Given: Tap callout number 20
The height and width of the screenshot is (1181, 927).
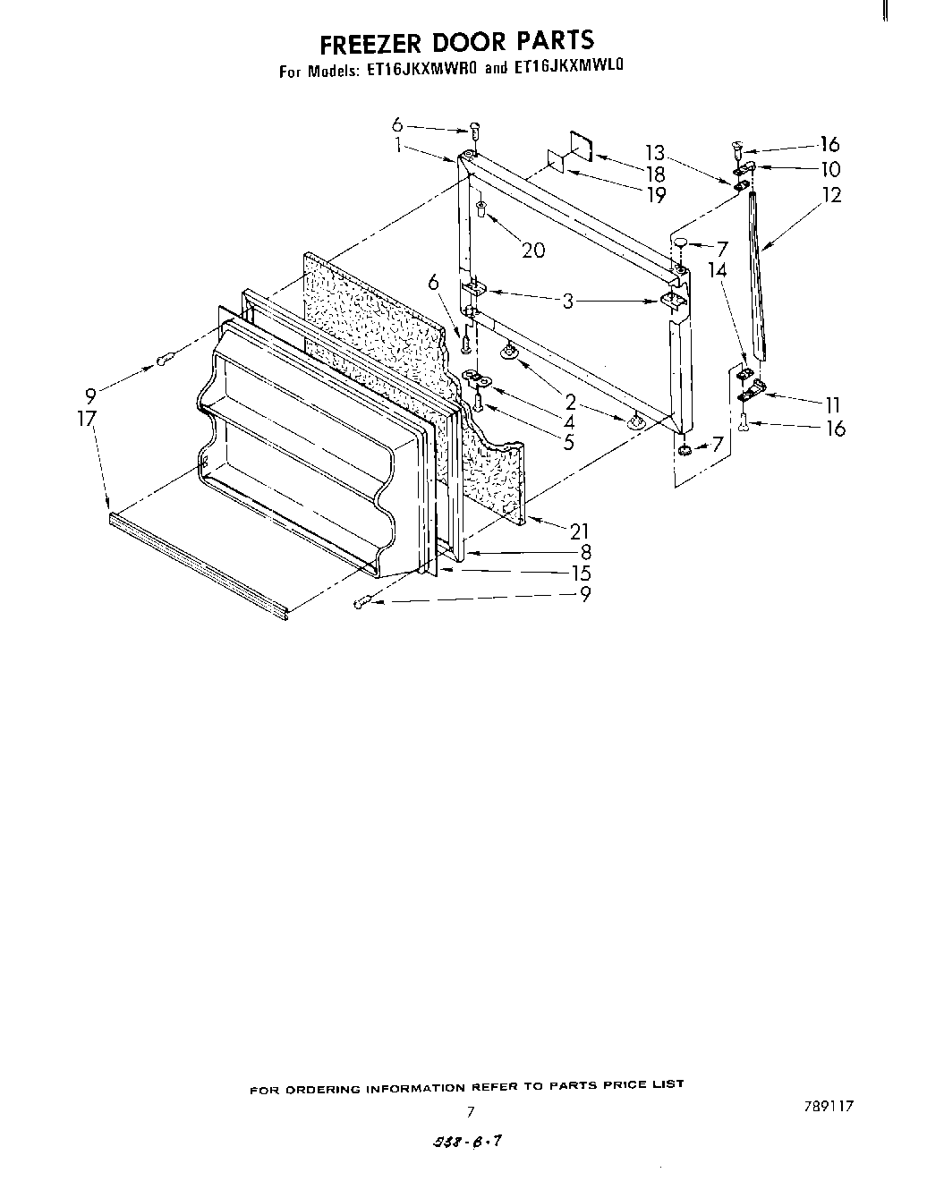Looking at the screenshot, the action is (532, 251).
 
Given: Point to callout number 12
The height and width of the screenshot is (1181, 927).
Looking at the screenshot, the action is (831, 194).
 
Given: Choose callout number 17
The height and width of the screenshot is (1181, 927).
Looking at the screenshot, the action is (87, 418).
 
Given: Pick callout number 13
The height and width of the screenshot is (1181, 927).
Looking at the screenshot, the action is (655, 153).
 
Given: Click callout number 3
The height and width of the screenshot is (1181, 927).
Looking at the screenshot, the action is (567, 302).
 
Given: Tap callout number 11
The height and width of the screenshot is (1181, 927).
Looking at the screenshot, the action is (832, 404).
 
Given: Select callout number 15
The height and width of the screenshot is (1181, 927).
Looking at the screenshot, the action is (581, 574).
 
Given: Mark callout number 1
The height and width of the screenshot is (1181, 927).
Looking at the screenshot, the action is (396, 145).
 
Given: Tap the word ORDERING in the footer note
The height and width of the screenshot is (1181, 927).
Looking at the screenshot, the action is (337, 1088).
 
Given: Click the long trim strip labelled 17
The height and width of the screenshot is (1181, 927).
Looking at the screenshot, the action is (197, 564).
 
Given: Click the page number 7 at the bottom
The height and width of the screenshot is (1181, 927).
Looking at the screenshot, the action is (469, 1112).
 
